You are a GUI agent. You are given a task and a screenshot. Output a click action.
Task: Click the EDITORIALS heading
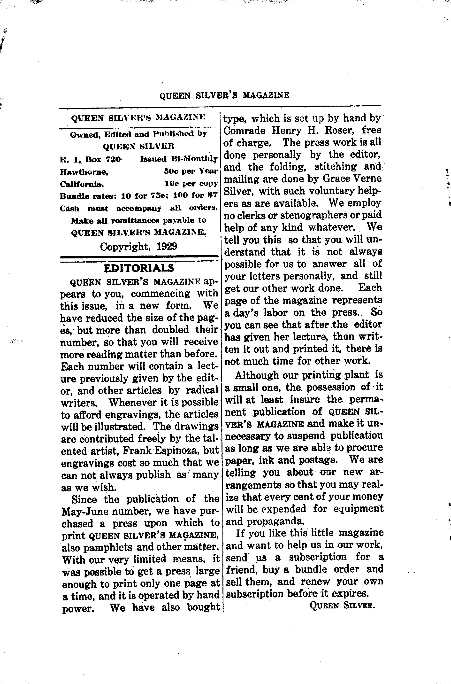139,268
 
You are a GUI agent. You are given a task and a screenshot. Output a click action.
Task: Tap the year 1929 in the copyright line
167,246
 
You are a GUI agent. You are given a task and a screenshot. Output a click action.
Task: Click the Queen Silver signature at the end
342,606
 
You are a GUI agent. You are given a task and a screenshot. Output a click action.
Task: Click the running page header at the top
224,95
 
